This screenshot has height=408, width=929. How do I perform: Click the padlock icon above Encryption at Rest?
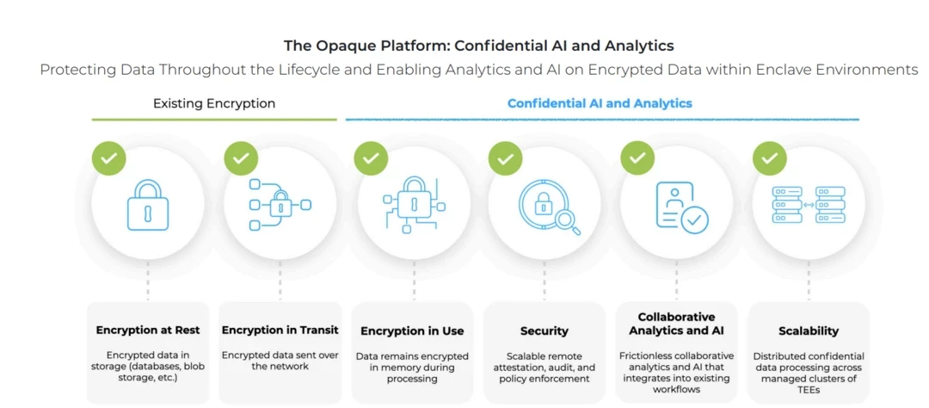[x=148, y=205]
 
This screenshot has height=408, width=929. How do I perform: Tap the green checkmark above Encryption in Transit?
[x=241, y=158]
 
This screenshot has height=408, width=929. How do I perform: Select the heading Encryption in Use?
[x=412, y=331]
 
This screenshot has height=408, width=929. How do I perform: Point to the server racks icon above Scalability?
[x=809, y=205]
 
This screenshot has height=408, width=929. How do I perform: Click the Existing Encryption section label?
[x=214, y=103]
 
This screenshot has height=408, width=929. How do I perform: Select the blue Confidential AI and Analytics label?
[x=600, y=103]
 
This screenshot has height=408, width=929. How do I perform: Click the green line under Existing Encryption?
[x=214, y=120]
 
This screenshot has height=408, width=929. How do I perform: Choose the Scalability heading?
[x=808, y=331]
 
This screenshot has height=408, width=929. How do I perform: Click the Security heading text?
[x=544, y=331]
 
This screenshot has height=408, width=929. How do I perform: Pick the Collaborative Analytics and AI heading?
[x=676, y=324]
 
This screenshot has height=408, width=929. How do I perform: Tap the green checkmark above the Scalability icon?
[x=770, y=158]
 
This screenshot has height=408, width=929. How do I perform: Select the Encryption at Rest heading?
[x=148, y=330]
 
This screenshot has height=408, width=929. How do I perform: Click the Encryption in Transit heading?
[x=280, y=330]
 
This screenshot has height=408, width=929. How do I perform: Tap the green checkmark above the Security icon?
[x=506, y=158]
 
